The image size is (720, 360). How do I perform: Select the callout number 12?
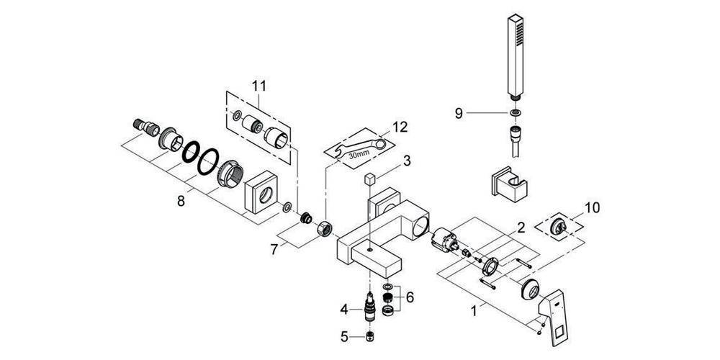[400, 127]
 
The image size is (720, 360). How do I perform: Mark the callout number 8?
[181, 202]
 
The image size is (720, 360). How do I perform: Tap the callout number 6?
[410, 296]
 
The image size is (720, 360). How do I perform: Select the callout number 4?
[345, 310]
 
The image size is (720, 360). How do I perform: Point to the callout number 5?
[345, 336]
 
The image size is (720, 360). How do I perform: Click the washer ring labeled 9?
[516, 113]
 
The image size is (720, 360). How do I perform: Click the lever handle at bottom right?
[558, 310]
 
